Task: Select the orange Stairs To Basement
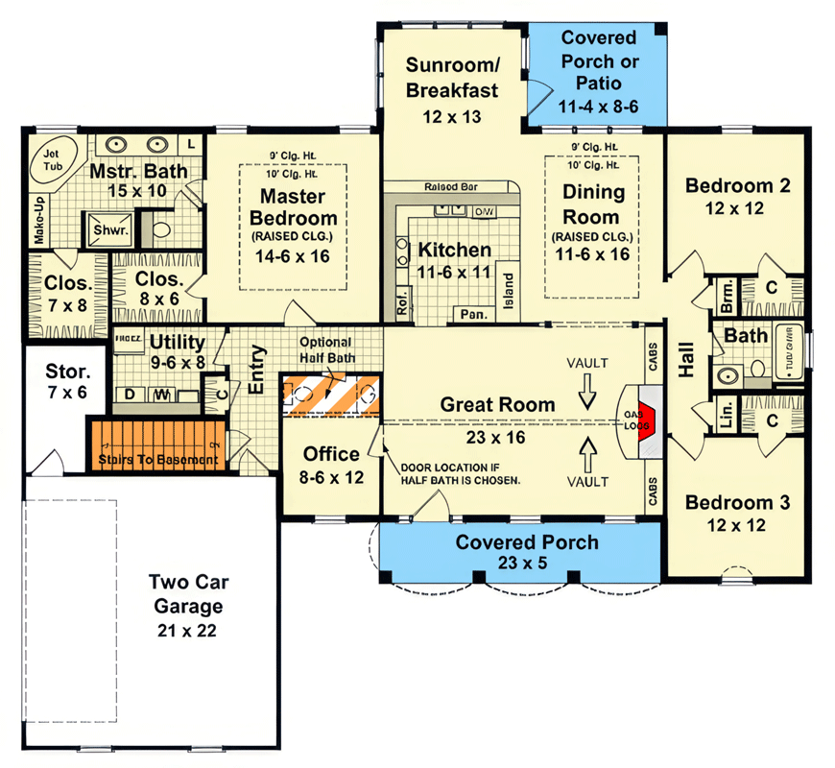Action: click(x=157, y=445)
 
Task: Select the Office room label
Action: click(x=331, y=454)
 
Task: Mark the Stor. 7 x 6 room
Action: click(x=66, y=381)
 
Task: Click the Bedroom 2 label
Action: click(x=737, y=185)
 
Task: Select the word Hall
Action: click(x=686, y=358)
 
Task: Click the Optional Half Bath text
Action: click(x=325, y=350)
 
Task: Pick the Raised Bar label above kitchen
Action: click(x=451, y=187)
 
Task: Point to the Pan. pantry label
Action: click(x=472, y=314)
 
